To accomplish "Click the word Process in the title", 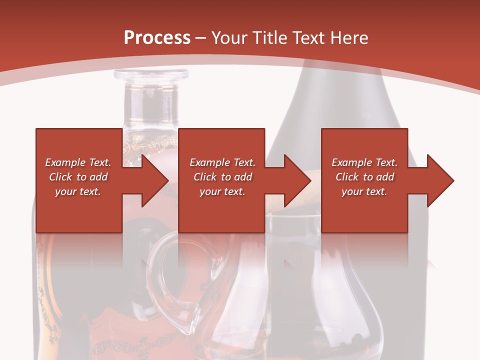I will (157, 37).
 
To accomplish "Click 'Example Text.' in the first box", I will (78, 162).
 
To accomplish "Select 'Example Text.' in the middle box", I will (222, 162).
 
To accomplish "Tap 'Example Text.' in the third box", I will (364, 162).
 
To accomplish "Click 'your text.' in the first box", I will (78, 191).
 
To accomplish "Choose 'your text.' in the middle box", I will (222, 191).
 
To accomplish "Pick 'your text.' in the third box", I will (364, 191).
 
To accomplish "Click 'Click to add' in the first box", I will (78, 177).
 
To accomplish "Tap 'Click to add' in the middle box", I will (222, 177).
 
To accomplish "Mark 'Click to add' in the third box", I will (364, 177).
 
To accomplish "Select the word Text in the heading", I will (307, 37).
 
